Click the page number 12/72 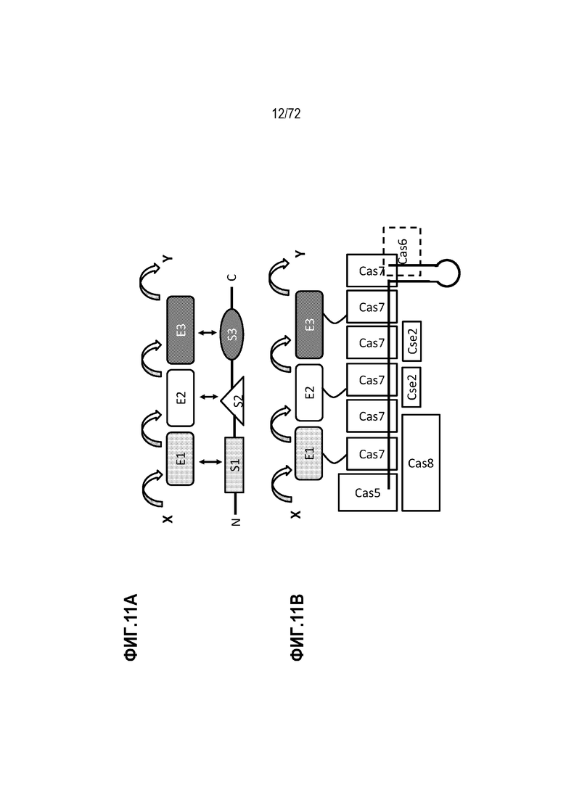[x=286, y=113]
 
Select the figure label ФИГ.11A [x=131, y=627]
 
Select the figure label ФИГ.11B [x=297, y=627]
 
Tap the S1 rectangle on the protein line [x=234, y=465]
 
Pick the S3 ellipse [x=231, y=334]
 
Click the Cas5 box [x=367, y=492]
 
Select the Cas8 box [x=421, y=463]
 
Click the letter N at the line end [x=235, y=522]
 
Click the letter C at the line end [x=232, y=278]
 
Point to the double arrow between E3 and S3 [x=207, y=333]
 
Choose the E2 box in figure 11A [x=181, y=398]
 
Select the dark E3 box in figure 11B [x=309, y=324]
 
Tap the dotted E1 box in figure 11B [x=309, y=453]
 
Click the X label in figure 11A [x=168, y=519]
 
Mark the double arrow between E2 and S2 [x=208, y=397]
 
